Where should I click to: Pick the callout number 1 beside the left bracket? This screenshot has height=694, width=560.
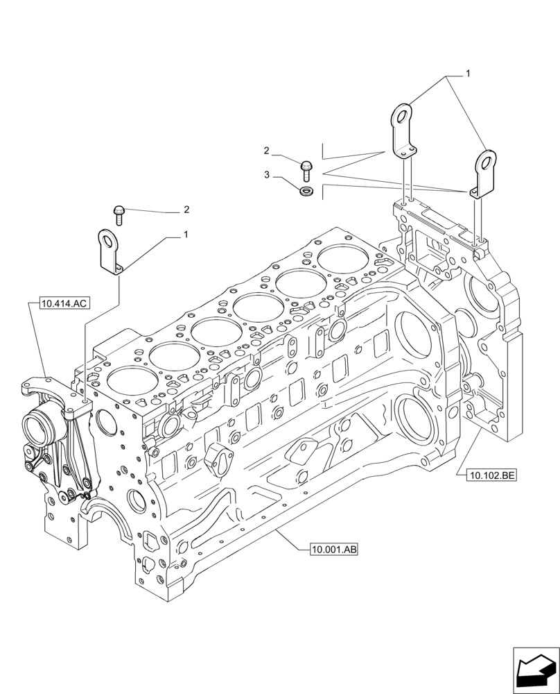185,236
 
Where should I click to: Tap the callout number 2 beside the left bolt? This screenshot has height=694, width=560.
186,209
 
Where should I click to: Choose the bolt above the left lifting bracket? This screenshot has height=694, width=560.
119,213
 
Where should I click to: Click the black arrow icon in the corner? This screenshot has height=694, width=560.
534,670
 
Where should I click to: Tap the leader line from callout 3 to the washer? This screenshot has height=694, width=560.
287,183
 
